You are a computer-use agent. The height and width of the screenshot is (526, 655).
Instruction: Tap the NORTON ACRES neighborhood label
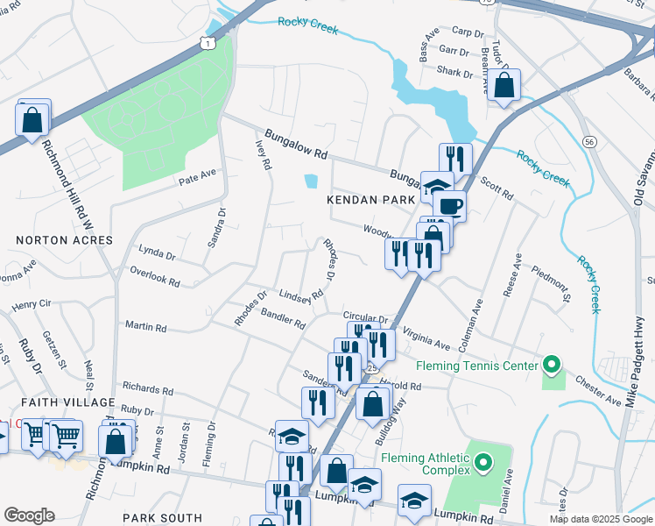pyautogui.click(x=64, y=239)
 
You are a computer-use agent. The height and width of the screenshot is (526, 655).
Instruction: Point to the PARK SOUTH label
pyautogui.click(x=162, y=518)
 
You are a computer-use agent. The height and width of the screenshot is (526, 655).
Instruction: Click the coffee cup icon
pyautogui.click(x=449, y=206)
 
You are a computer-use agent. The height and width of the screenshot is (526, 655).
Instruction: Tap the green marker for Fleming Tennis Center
pyautogui.click(x=551, y=364)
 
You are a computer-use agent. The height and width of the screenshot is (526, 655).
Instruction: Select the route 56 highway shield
pyautogui.click(x=589, y=141)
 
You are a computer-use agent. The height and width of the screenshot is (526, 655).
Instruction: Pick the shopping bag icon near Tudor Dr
pyautogui.click(x=504, y=85)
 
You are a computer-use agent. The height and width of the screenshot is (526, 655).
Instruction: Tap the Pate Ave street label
pyautogui.click(x=197, y=175)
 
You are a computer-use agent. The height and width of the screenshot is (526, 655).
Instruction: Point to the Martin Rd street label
pyautogui.click(x=145, y=326)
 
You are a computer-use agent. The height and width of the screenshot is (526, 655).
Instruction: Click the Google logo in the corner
pyautogui.click(x=29, y=515)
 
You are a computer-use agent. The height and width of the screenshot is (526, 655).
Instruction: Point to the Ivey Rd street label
pyautogui.click(x=263, y=153)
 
